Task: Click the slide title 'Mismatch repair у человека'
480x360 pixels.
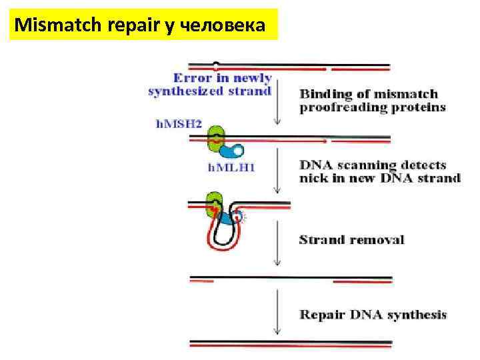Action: [x=141, y=27]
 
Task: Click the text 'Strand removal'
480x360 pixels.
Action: [x=351, y=239]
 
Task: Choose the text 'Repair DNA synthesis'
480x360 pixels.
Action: [x=373, y=315]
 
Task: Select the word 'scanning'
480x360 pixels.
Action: [x=363, y=165]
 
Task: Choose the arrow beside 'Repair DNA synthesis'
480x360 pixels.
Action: [x=277, y=313]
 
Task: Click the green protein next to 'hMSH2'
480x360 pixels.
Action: [x=215, y=139]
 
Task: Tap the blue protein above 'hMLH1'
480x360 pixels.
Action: [x=233, y=151]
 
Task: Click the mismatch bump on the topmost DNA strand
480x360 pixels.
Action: [x=215, y=65]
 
